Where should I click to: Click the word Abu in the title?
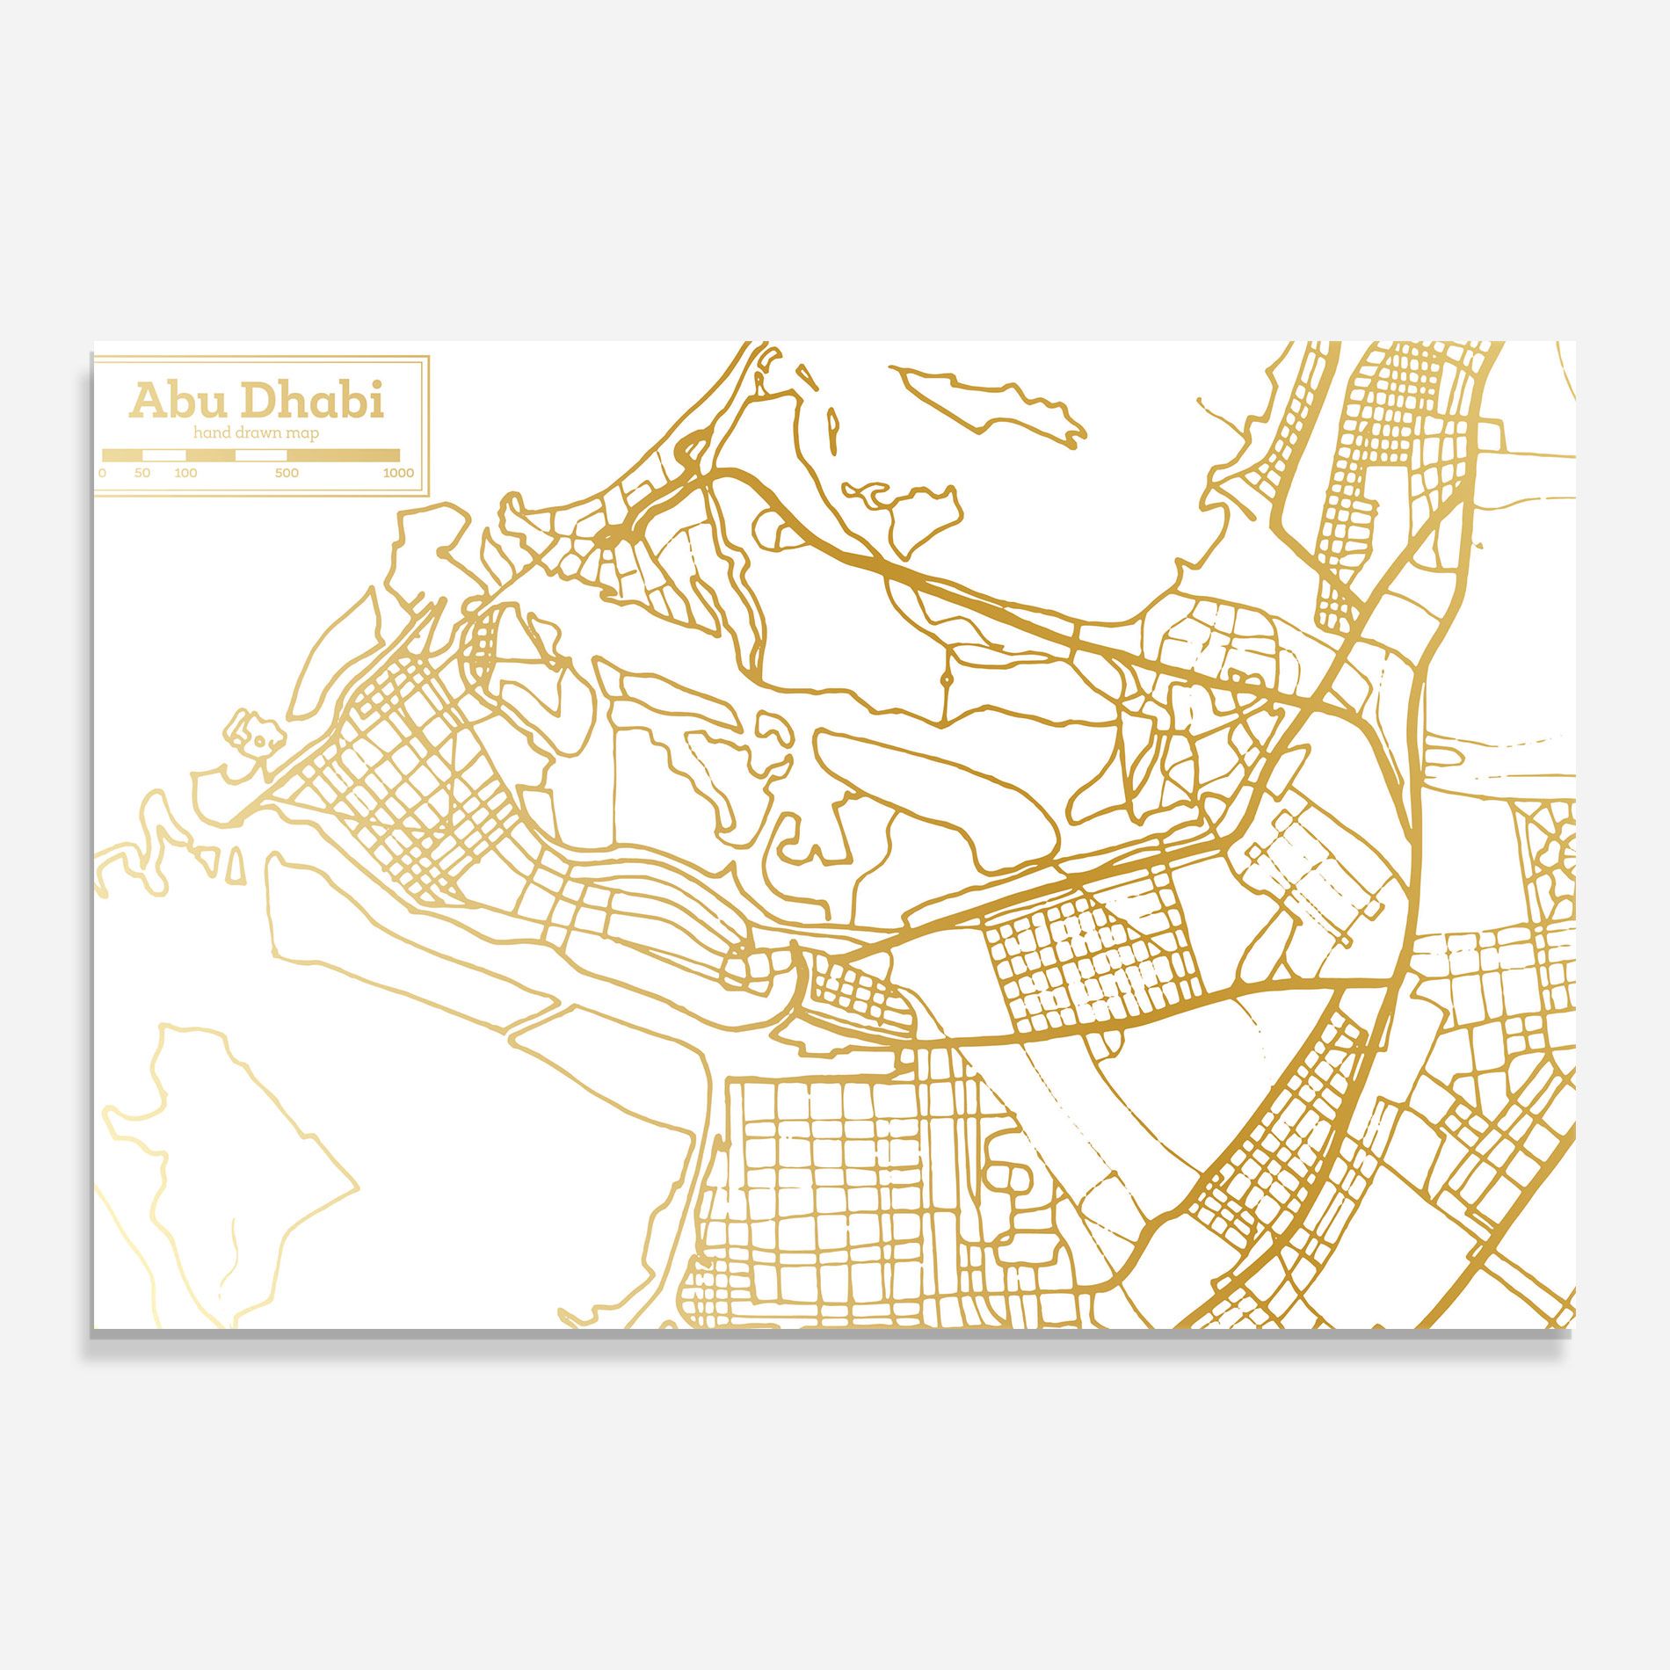point(178,402)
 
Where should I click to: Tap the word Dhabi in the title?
point(312,402)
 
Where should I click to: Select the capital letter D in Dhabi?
point(258,402)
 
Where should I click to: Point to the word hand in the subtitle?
point(210,432)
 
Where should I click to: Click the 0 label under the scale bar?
point(103,473)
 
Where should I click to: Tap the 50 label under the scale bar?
point(142,473)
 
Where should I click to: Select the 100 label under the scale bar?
point(185,473)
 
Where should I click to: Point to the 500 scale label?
point(287,473)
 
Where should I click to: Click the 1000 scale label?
point(398,473)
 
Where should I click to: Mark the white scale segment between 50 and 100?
point(164,455)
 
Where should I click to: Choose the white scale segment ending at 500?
point(261,455)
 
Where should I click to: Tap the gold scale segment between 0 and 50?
point(122,455)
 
